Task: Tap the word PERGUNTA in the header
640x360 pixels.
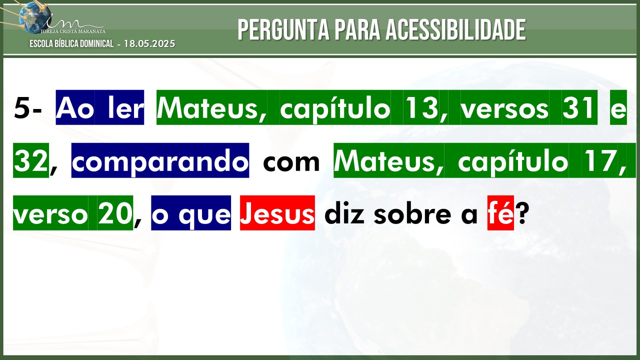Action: [283, 29]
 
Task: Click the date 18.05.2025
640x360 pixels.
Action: [149, 43]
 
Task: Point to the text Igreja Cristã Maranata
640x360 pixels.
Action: [73, 31]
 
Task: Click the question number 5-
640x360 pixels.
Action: [27, 108]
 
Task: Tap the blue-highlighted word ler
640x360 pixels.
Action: [125, 108]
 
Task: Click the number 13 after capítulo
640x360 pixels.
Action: [421, 108]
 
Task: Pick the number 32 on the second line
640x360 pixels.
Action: [31, 161]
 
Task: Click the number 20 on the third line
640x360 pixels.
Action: [114, 213]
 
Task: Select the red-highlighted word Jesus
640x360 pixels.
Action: [277, 213]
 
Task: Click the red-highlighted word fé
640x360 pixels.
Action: [500, 213]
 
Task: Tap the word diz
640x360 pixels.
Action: [344, 213]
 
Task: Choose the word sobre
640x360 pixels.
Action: [411, 213]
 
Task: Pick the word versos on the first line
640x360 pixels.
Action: [504, 108]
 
